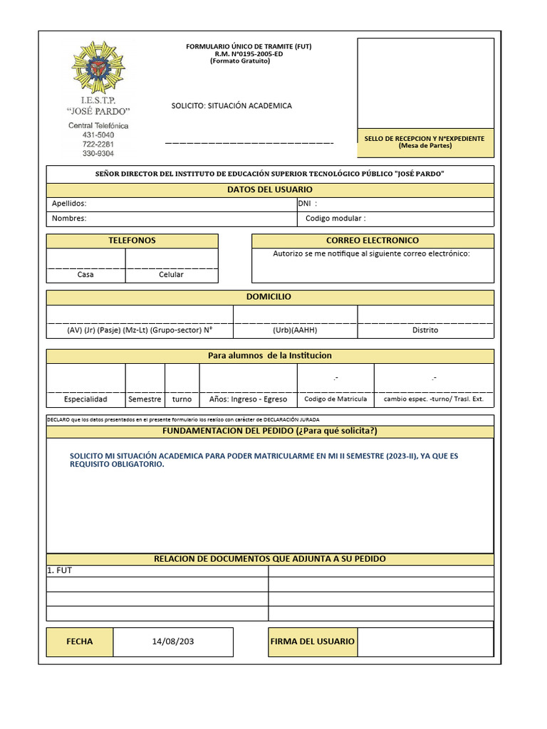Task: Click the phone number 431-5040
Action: (98, 135)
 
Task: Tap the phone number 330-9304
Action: (98, 153)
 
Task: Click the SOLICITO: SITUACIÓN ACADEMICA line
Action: (231, 105)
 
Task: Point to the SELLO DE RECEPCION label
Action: (424, 139)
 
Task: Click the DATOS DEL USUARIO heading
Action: (270, 190)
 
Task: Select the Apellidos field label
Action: (69, 204)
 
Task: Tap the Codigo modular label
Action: (335, 219)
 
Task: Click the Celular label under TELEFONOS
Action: (171, 275)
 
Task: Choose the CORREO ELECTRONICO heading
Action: (373, 241)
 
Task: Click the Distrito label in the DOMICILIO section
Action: (425, 330)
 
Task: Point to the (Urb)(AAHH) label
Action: (295, 330)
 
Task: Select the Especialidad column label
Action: (85, 399)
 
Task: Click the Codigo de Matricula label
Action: (335, 399)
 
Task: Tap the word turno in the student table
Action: (182, 399)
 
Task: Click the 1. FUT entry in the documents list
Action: (60, 571)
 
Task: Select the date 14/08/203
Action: (173, 641)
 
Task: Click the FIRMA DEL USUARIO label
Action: (312, 641)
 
